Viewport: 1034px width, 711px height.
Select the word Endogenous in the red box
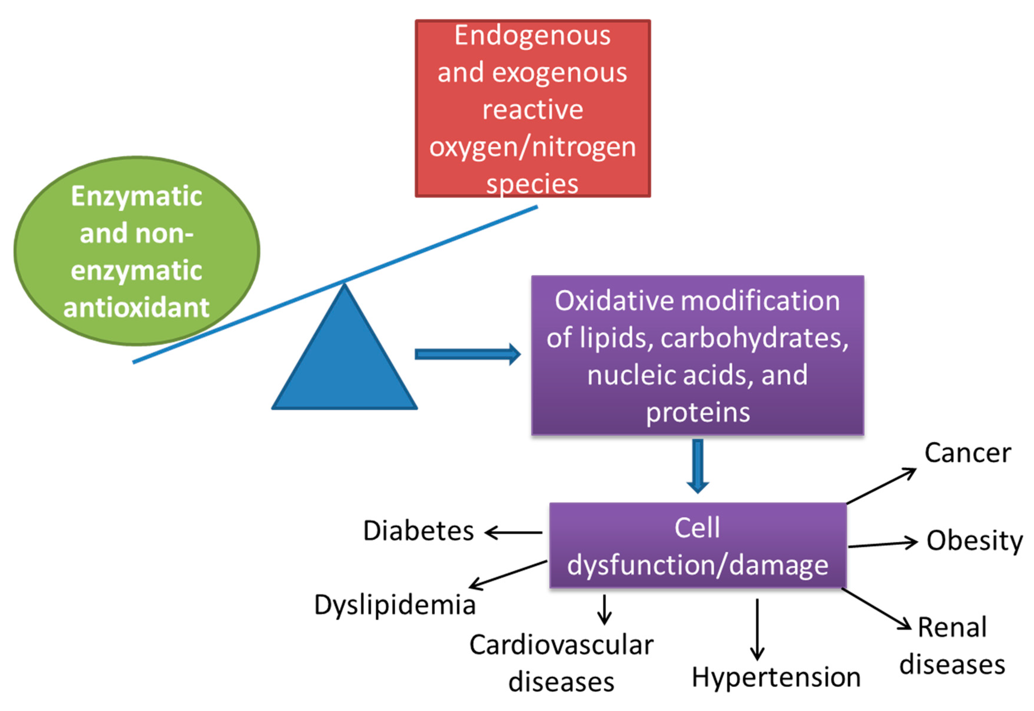click(532, 36)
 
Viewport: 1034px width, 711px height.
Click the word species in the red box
click(532, 184)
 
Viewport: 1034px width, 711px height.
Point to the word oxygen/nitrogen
click(532, 147)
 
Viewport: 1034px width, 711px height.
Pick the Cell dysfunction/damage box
click(698, 546)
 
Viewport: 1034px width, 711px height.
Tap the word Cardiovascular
click(561, 645)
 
